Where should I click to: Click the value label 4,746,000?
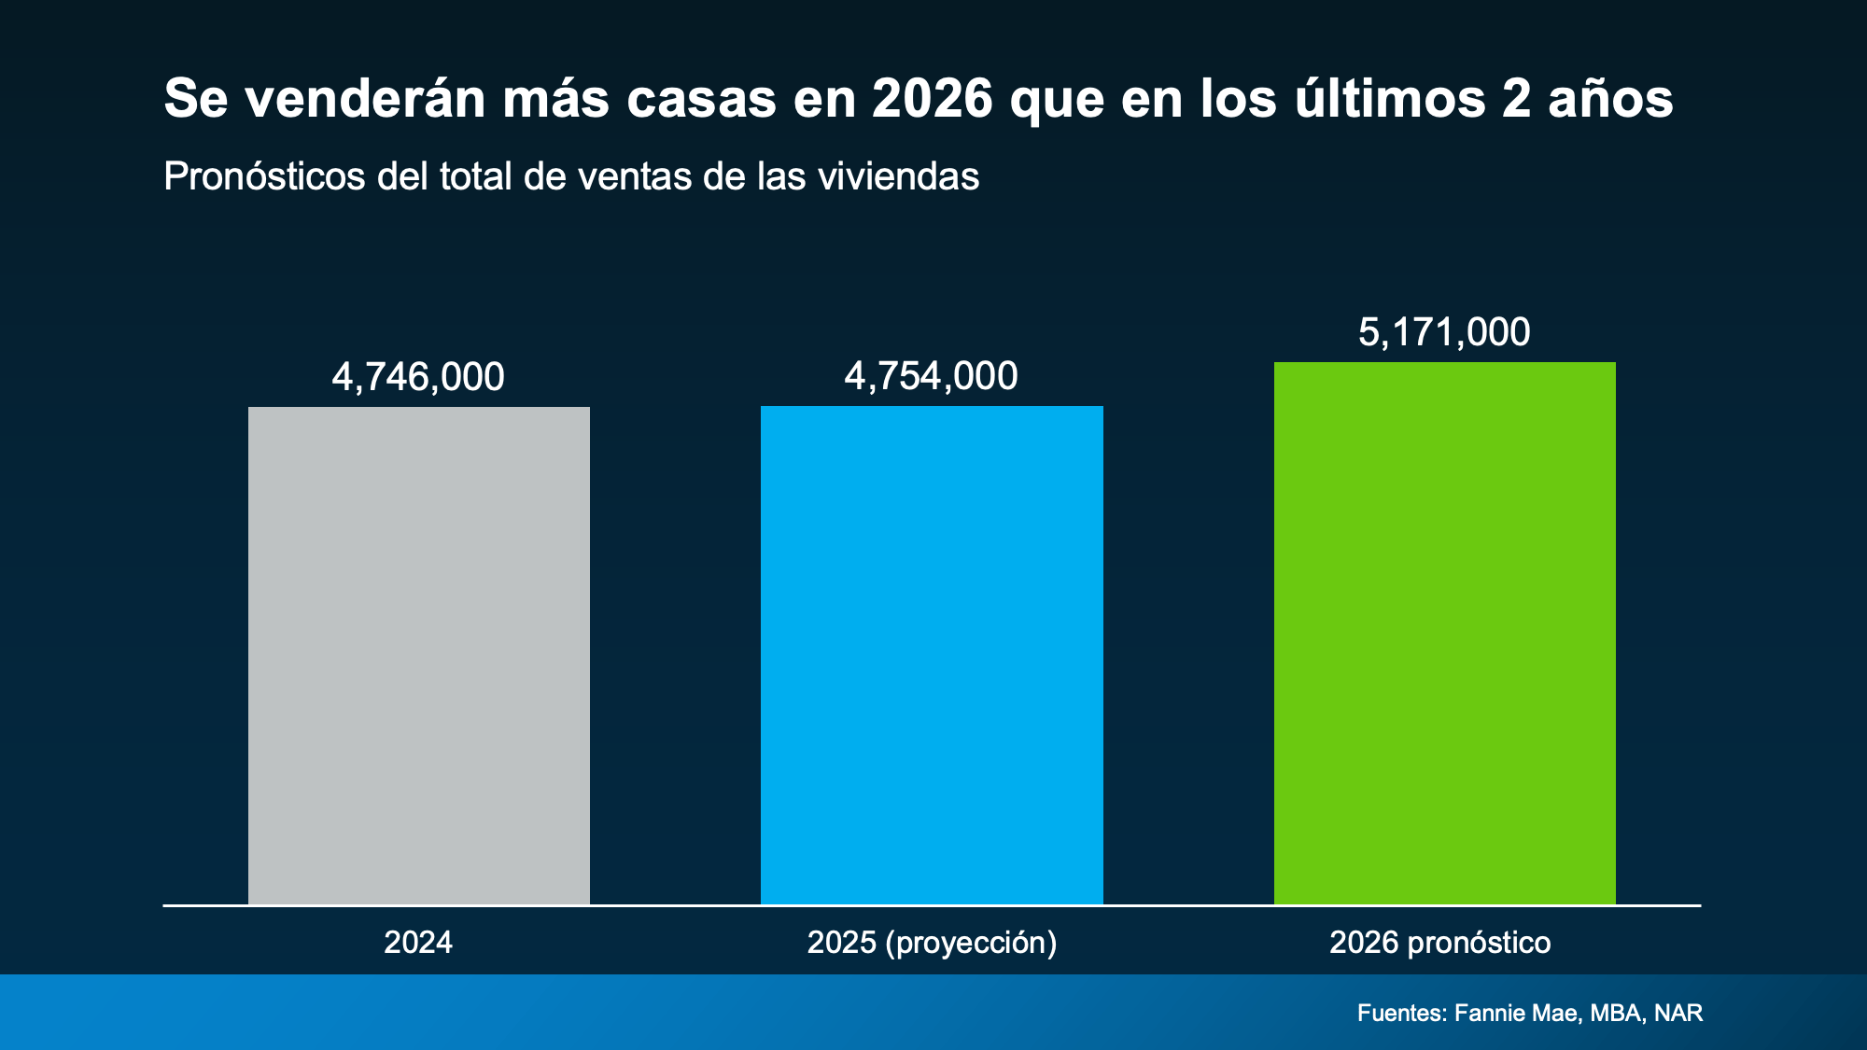pos(418,377)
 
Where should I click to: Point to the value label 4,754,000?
pos(931,376)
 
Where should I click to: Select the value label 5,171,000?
pos(1444,332)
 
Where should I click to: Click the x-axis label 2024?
pos(418,943)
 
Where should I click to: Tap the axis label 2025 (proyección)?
pos(932,943)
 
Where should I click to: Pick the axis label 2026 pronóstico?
pos(1439,943)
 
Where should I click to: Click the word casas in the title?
pos(702,99)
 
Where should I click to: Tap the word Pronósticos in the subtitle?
pos(264,176)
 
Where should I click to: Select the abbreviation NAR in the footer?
pos(1678,1013)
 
